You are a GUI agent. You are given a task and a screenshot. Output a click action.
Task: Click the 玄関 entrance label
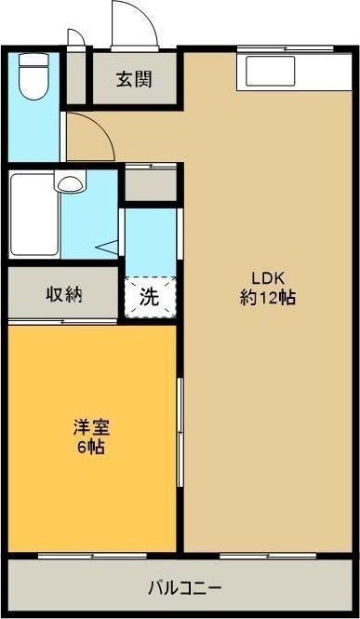click(x=134, y=80)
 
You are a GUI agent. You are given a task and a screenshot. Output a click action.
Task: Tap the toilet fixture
click(x=33, y=76)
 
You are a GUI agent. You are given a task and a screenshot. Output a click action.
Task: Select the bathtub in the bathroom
click(x=34, y=214)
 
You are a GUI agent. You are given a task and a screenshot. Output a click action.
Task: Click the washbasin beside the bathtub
click(x=70, y=182)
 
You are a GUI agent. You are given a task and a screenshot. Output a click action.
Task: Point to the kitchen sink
click(x=271, y=71)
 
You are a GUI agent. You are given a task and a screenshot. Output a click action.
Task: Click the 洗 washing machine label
click(x=150, y=297)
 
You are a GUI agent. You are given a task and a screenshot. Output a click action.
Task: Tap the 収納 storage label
click(x=64, y=294)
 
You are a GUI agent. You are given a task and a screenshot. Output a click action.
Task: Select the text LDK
click(x=268, y=278)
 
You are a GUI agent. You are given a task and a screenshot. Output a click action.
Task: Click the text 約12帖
click(x=268, y=298)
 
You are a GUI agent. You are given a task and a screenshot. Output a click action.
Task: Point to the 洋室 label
click(x=91, y=427)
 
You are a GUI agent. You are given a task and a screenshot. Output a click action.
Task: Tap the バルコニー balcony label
click(x=184, y=588)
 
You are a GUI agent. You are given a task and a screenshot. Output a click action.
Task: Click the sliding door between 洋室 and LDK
click(x=180, y=433)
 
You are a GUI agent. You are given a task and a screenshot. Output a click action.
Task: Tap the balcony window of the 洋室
click(x=92, y=556)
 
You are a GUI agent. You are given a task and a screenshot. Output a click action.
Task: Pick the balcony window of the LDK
click(x=268, y=556)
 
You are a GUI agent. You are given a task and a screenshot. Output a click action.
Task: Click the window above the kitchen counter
click(x=286, y=49)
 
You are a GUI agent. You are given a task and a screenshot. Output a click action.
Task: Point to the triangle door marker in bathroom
click(x=106, y=248)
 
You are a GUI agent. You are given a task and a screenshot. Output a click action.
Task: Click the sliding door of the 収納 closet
click(x=62, y=322)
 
